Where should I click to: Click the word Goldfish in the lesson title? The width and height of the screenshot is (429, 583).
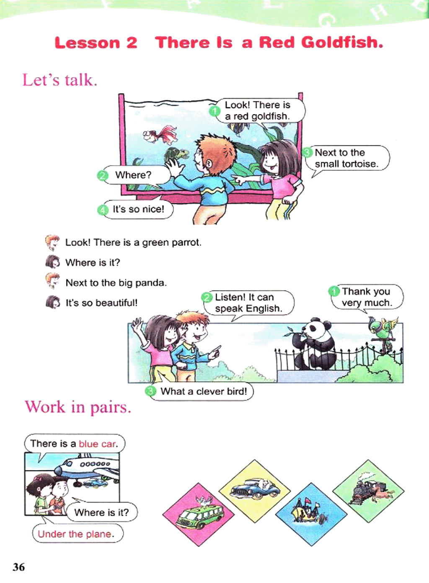[341, 42]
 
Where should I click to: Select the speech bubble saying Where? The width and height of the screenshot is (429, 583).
[133, 175]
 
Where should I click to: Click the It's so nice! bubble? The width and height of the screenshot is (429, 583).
[138, 209]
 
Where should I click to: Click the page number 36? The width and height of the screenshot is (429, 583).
[19, 567]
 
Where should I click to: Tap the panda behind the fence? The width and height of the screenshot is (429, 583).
[313, 344]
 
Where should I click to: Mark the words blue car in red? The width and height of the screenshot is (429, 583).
[97, 444]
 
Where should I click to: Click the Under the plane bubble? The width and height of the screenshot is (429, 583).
[76, 534]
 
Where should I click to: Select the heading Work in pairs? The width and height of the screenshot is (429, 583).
[78, 407]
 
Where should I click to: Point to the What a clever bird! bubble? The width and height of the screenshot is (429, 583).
[204, 391]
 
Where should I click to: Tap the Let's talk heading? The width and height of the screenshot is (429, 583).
[59, 80]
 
